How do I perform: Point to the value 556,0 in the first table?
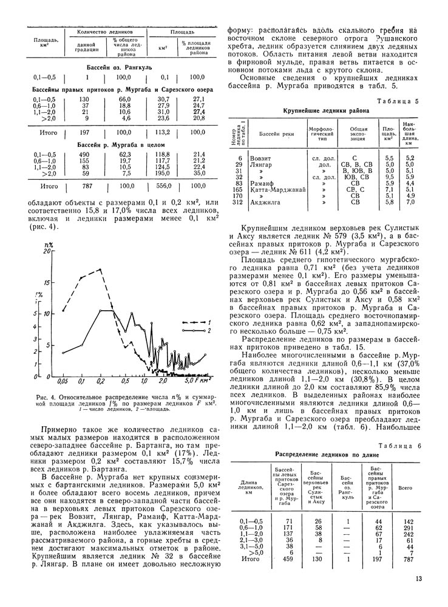164,186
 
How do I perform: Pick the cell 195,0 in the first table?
163,173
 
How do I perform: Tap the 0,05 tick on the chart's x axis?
62,382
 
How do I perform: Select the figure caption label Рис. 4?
47,397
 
